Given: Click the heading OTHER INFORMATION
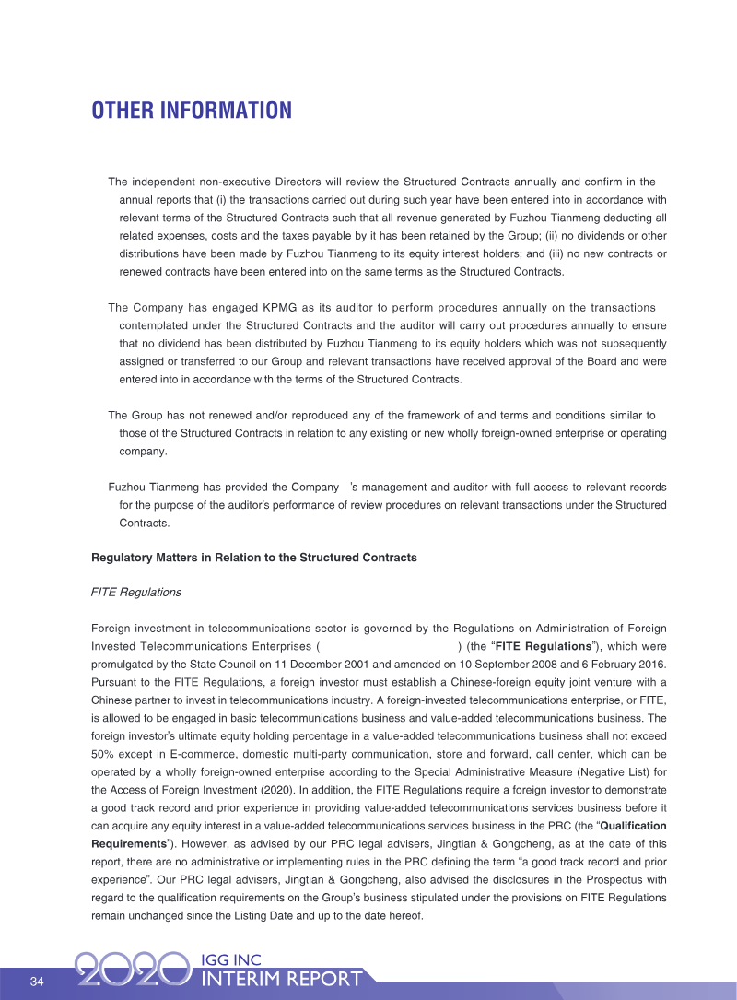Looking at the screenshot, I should tap(192, 112).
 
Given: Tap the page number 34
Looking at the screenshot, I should tap(37, 981).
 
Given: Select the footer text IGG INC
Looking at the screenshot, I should tap(230, 960).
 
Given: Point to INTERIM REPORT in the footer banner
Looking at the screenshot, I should tap(281, 980).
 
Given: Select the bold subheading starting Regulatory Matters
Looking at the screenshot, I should tap(254, 558).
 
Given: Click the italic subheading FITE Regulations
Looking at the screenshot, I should tap(136, 592).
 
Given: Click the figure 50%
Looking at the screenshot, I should tap(104, 754).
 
